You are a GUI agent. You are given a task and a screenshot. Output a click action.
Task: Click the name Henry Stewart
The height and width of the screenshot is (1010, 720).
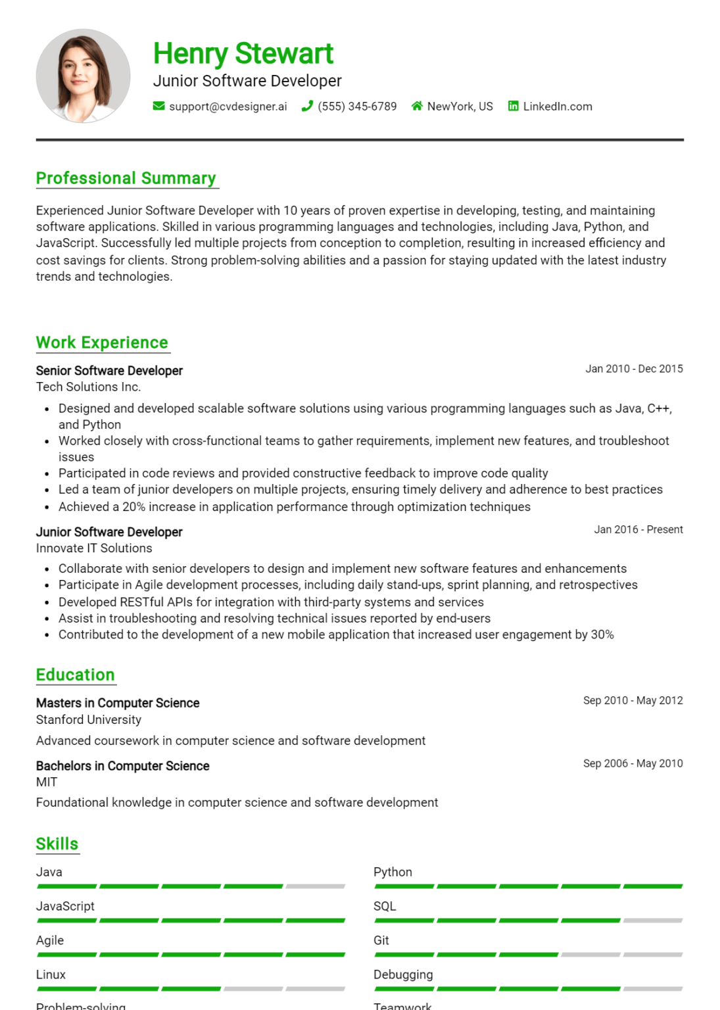[243, 53]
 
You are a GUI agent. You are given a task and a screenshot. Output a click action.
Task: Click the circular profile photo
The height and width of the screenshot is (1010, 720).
[84, 76]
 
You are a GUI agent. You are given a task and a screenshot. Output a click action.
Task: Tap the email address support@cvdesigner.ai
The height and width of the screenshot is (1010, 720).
[228, 107]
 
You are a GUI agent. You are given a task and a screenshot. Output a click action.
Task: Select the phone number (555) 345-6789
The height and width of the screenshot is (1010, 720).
[357, 107]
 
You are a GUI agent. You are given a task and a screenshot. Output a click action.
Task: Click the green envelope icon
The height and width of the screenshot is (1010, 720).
[158, 106]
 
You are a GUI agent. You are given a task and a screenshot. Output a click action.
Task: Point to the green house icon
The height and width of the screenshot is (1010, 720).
[417, 106]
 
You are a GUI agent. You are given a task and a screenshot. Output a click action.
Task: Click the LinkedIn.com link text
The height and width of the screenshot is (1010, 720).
[557, 107]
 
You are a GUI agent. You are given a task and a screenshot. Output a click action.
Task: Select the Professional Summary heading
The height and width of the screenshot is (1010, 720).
[126, 178]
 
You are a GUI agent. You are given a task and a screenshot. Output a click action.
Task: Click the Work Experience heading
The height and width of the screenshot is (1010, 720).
[102, 343]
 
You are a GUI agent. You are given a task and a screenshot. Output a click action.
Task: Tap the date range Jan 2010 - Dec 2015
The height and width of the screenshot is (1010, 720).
[634, 369]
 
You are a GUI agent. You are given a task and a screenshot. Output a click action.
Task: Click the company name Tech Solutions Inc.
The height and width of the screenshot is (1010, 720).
[88, 387]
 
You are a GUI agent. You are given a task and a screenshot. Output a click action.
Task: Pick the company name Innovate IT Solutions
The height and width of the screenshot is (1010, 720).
[94, 548]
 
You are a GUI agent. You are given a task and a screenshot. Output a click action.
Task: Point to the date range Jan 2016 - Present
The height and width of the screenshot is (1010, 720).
[638, 529]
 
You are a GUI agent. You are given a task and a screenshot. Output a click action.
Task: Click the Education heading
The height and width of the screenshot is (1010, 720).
[75, 675]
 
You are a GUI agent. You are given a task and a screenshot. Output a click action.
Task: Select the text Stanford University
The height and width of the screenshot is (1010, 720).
[89, 719]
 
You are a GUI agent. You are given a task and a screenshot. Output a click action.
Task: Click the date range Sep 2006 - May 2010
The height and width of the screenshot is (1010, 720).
[633, 763]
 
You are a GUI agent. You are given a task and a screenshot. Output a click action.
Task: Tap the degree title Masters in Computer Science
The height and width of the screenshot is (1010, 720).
[118, 703]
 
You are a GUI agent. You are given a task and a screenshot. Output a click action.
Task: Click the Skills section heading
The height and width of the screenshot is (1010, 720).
[57, 844]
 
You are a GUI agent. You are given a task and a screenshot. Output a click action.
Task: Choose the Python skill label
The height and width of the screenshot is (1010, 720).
[393, 872]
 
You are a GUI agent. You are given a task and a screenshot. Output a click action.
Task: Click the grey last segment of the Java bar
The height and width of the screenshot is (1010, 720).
[315, 886]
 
